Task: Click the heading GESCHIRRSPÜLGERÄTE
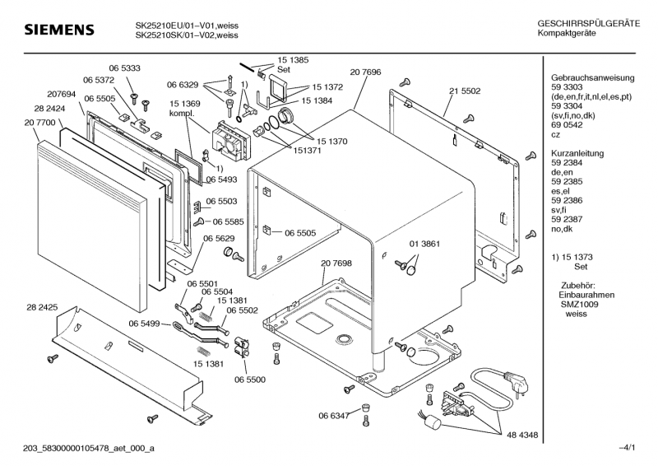588,24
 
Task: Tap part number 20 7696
365,73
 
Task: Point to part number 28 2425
42,306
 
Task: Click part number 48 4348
522,434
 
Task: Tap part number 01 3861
425,245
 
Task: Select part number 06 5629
220,238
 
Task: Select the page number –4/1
627,447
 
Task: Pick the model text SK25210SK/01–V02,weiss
187,35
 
